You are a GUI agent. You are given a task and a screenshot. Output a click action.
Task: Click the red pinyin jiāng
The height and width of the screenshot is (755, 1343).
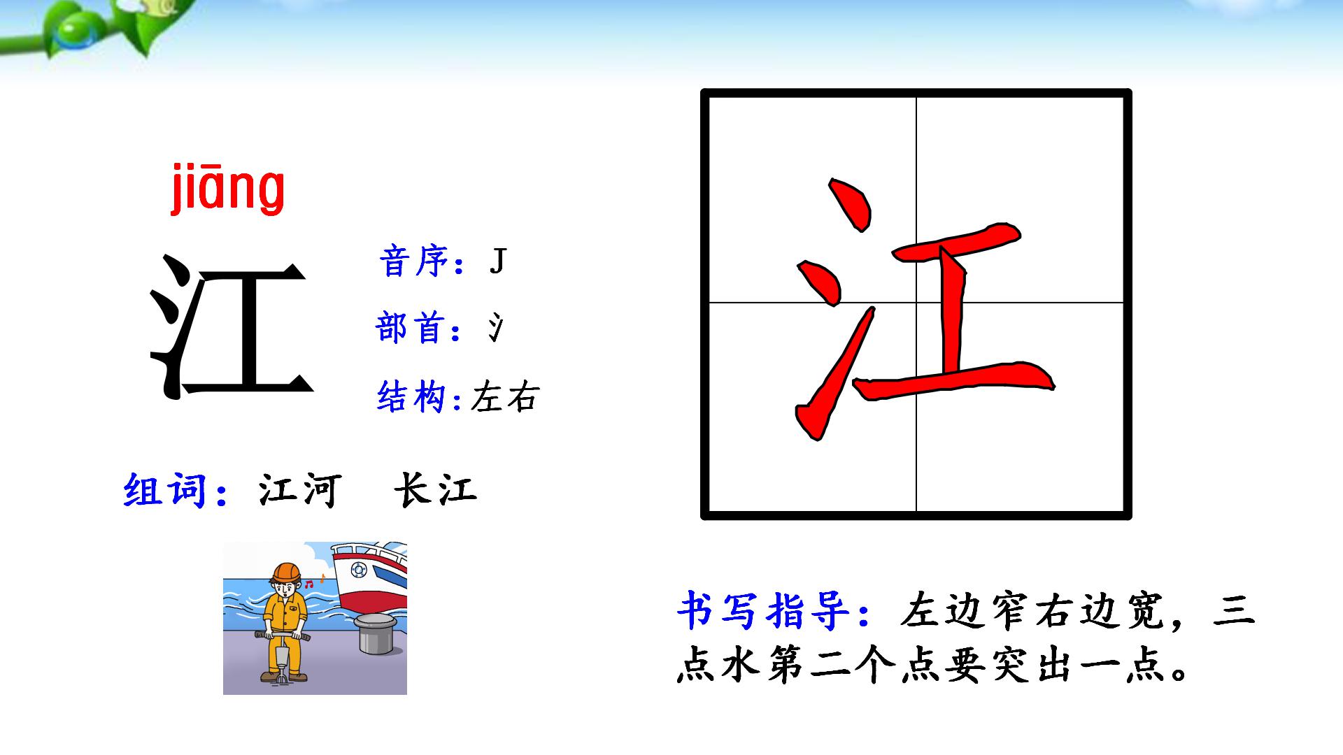pos(228,189)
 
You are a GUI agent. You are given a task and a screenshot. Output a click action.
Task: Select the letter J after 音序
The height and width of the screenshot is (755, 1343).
pos(497,262)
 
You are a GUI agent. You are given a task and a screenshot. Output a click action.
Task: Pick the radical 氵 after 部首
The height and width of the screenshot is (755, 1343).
pos(495,329)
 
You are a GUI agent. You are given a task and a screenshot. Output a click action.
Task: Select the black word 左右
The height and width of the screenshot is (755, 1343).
pos(505,397)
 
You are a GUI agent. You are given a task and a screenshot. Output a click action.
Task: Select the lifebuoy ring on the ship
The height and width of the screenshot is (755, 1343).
pos(358,570)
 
